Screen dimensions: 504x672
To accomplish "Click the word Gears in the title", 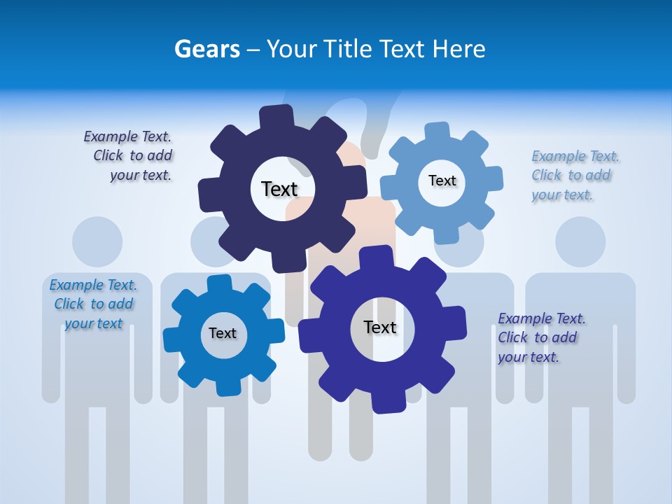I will click(x=207, y=49).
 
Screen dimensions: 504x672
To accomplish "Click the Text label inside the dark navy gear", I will click(x=279, y=189).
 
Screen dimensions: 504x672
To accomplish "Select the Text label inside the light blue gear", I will click(x=442, y=181).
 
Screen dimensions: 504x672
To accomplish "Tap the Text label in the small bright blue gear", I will click(x=223, y=333).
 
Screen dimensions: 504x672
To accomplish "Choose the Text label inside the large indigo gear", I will click(x=380, y=327).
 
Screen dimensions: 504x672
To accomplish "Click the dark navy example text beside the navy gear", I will click(x=129, y=155).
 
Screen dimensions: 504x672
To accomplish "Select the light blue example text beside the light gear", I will click(x=571, y=175).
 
